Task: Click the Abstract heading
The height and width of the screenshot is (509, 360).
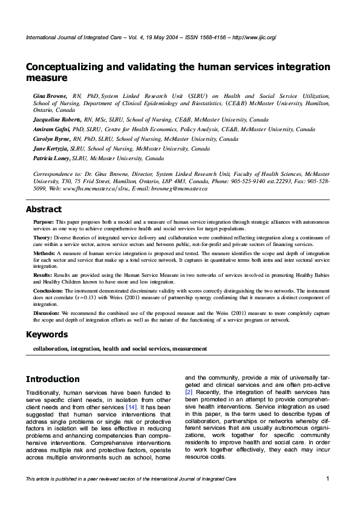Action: point(44,210)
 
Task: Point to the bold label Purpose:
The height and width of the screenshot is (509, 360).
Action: point(44,222)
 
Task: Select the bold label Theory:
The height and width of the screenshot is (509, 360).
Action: point(43,238)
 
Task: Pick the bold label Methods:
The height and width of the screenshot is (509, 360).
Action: point(44,253)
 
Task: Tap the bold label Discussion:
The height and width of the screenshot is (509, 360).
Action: point(47,313)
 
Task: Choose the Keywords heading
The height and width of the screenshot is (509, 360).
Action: point(47,334)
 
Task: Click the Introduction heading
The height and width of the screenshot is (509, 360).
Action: point(53,380)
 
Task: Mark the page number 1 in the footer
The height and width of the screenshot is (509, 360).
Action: point(327,479)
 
